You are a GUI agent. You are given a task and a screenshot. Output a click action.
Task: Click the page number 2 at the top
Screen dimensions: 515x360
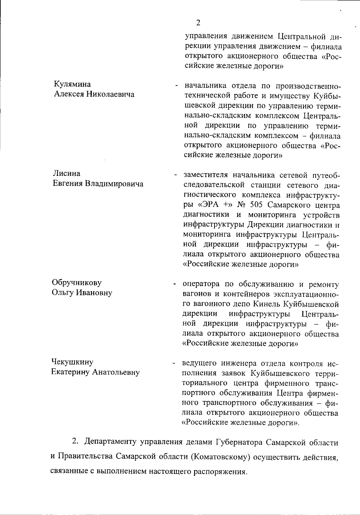(x=198, y=23)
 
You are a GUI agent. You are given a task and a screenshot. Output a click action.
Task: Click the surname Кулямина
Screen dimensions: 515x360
(x=72, y=84)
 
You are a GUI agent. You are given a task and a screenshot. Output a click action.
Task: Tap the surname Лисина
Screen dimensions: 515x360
(x=67, y=173)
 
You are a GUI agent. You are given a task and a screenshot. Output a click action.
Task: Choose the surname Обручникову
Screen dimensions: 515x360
(x=77, y=282)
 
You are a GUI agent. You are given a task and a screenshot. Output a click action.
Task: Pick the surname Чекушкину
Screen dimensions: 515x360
(x=72, y=362)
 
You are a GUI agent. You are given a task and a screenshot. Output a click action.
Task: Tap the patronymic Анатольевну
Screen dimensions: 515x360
(x=116, y=372)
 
